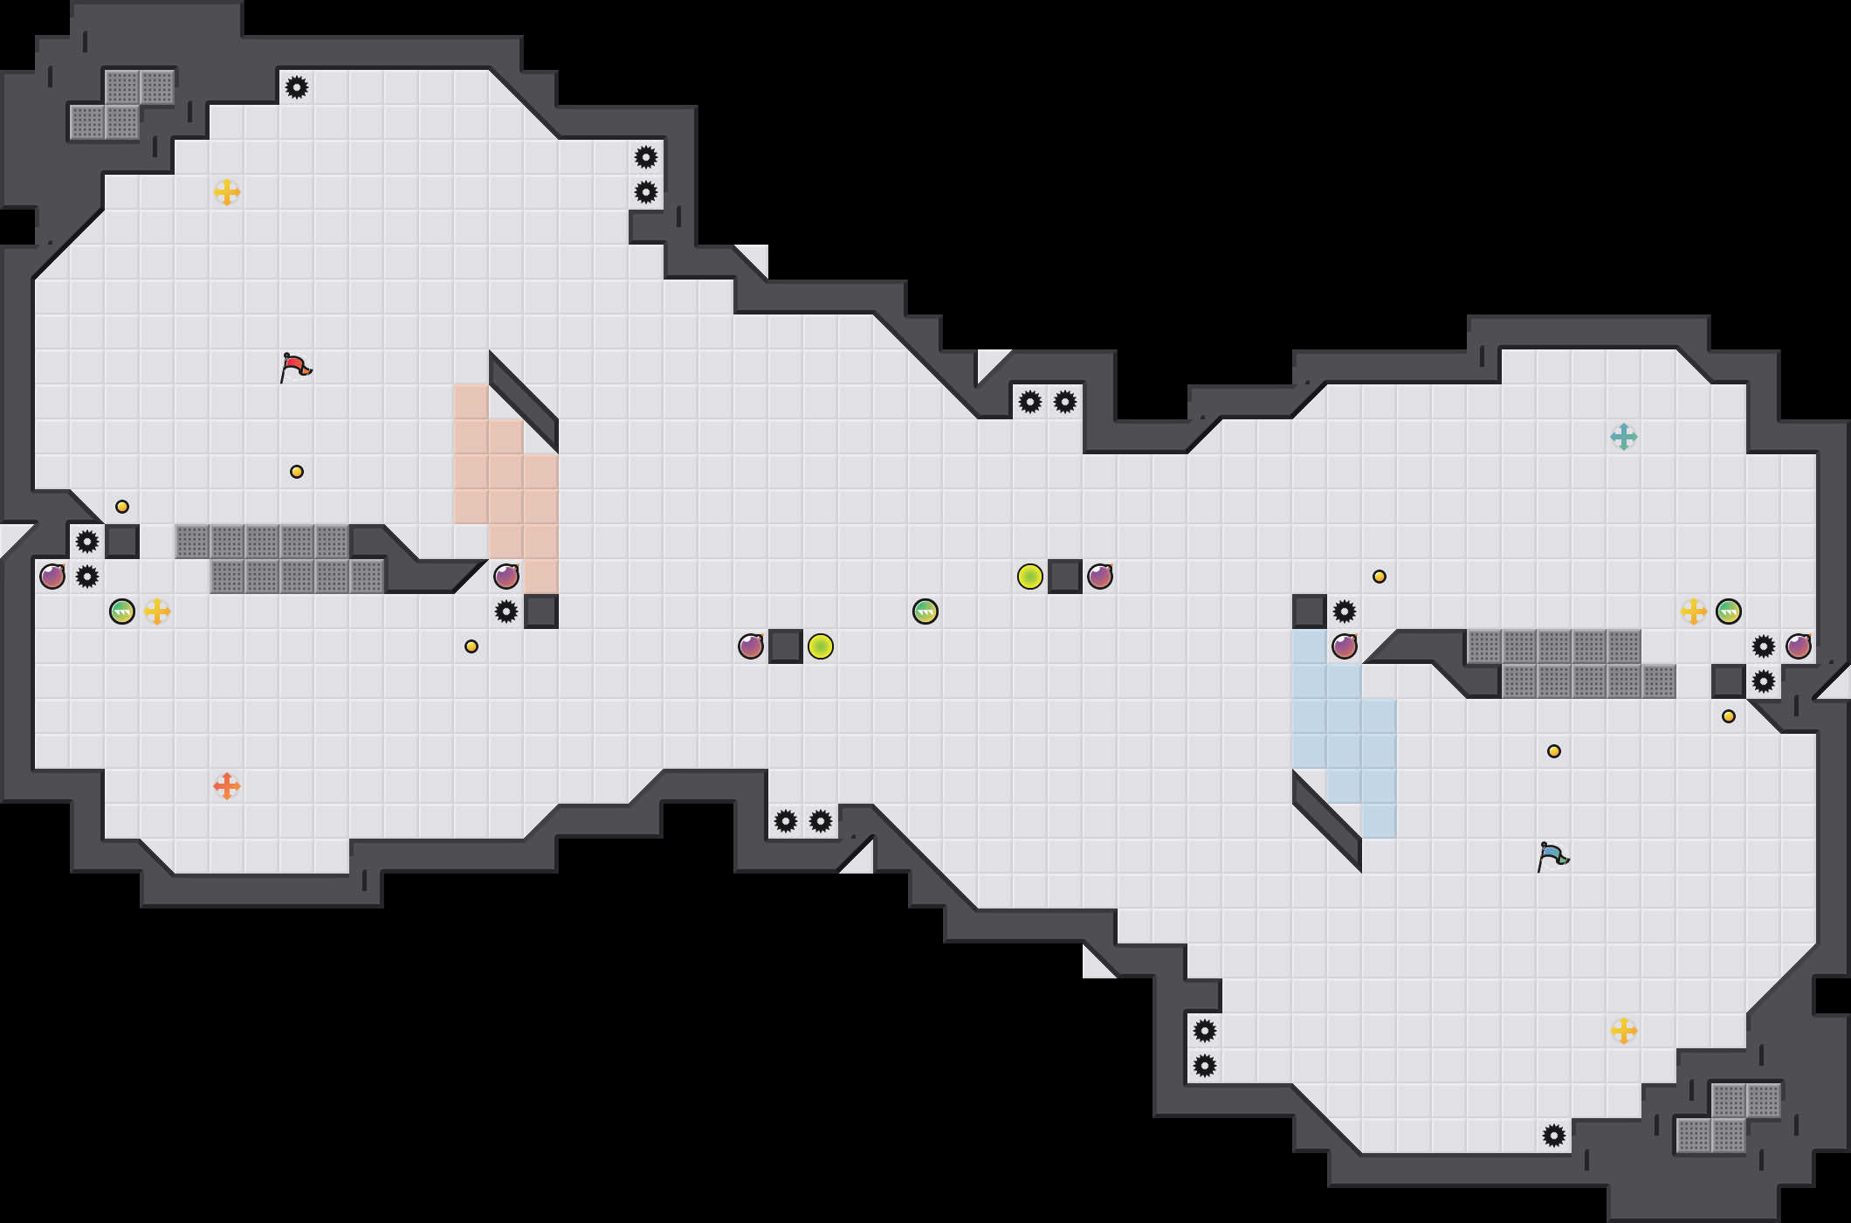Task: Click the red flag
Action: [x=295, y=366]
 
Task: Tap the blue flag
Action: [x=1552, y=855]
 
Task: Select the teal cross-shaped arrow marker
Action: [x=1624, y=437]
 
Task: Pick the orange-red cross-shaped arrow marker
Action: [x=227, y=786]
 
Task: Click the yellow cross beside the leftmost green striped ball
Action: [x=157, y=611]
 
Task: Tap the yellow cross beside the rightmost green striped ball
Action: [x=1694, y=611]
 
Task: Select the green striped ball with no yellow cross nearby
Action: [x=925, y=611]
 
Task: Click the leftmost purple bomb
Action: [x=52, y=577]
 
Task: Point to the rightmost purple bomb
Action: [x=1799, y=646]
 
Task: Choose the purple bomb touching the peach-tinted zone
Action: [x=506, y=577]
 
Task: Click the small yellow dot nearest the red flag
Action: [x=297, y=472]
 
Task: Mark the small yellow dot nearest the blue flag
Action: [x=1554, y=751]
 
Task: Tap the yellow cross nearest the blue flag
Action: [x=1624, y=1031]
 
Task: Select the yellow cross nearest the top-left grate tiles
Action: [x=227, y=192]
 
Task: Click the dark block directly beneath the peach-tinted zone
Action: [x=541, y=611]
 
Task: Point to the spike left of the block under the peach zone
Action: [x=506, y=611]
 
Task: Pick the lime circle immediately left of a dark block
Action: [x=1030, y=577]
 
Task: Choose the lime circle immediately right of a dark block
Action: [x=821, y=646]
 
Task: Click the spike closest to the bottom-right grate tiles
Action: [x=1554, y=1136]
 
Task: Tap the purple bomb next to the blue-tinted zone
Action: [x=1345, y=646]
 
